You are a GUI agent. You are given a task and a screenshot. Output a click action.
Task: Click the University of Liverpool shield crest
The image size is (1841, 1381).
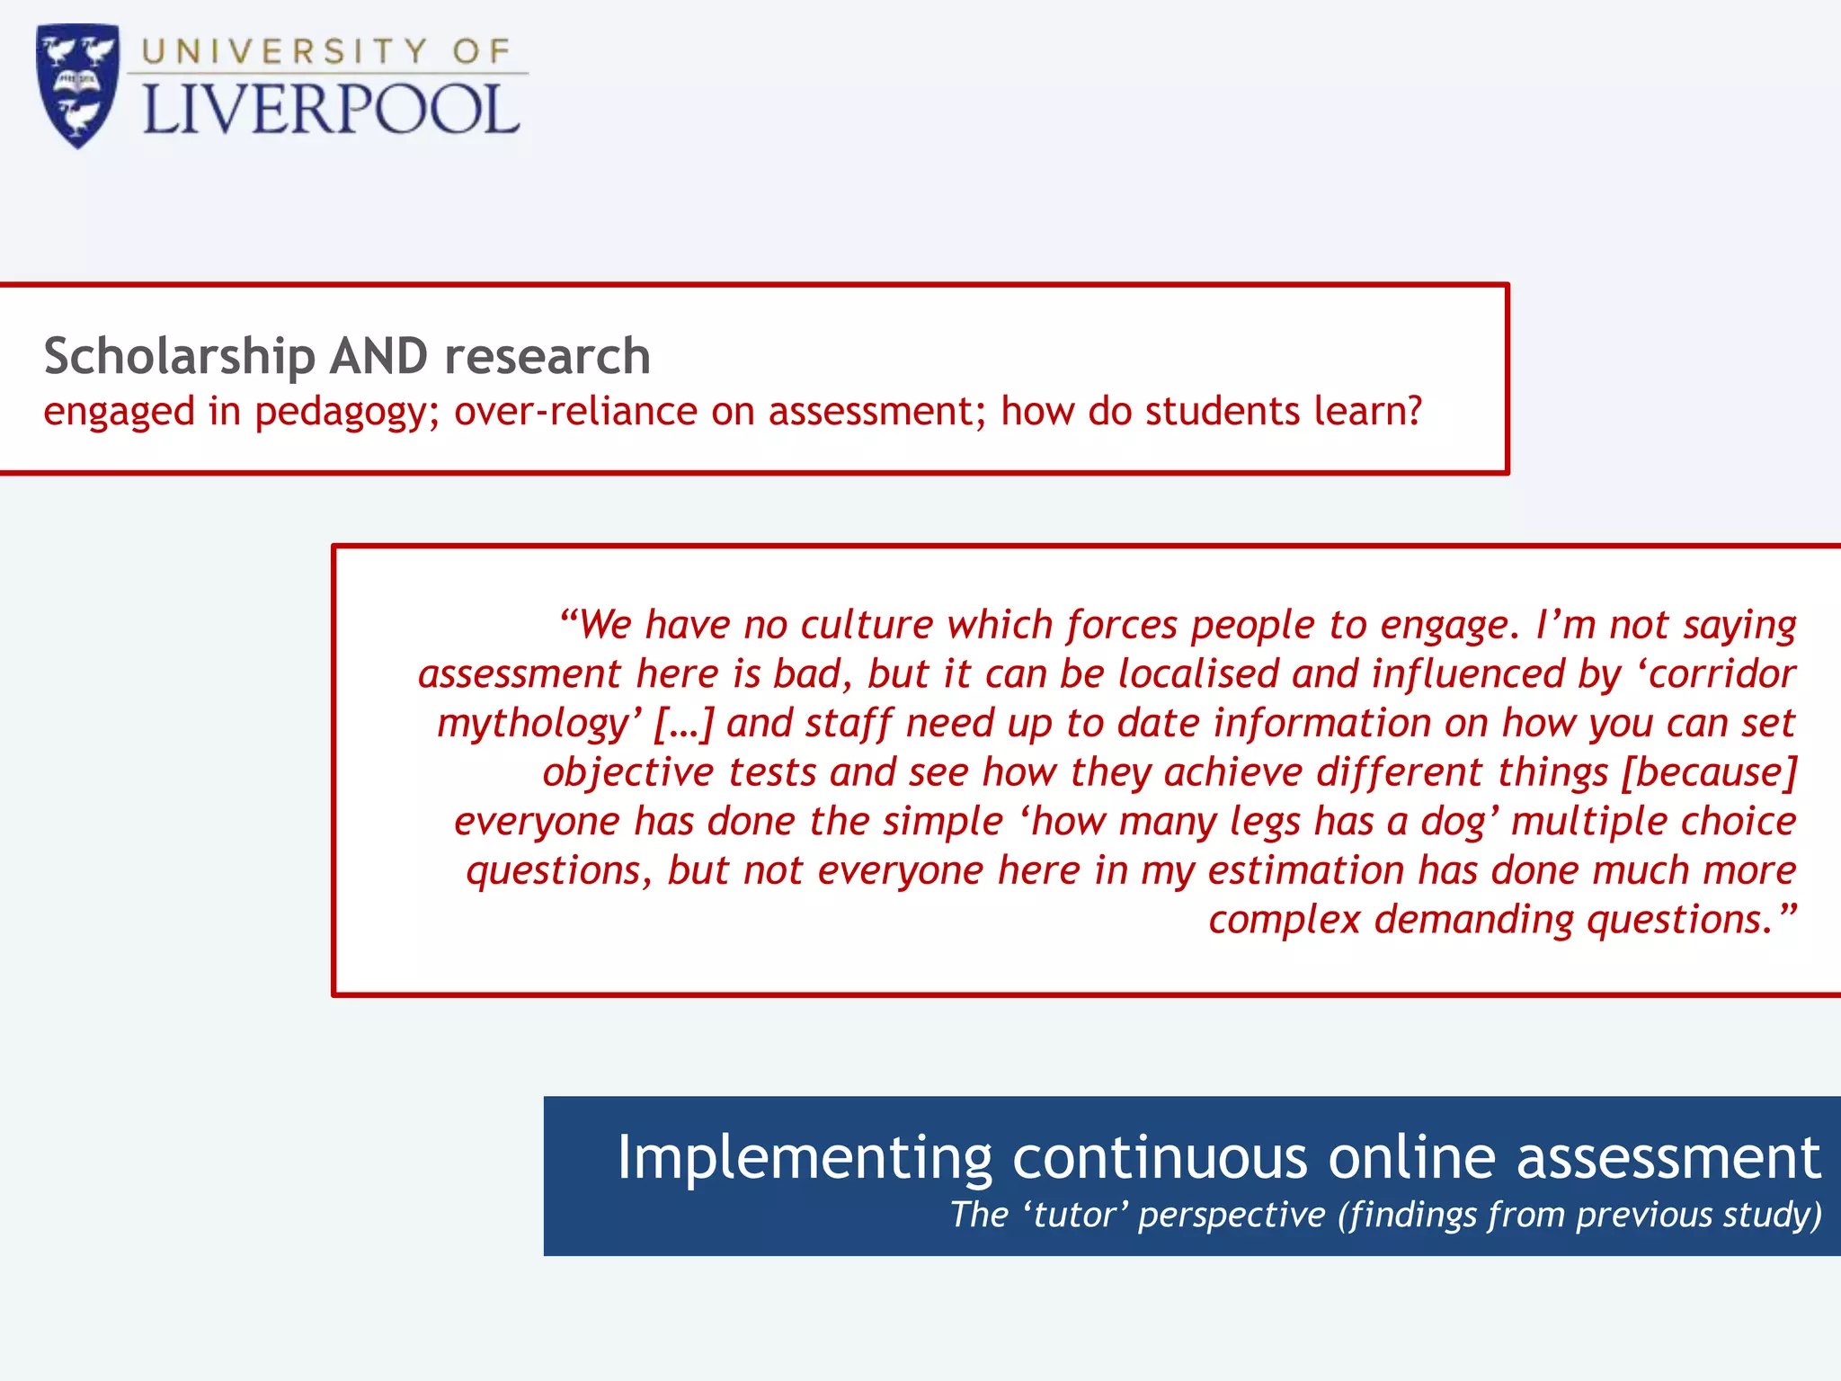(78, 86)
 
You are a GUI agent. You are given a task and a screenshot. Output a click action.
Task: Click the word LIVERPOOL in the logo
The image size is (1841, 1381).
(331, 111)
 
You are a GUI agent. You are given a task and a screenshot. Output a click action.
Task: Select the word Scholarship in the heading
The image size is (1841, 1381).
(179, 356)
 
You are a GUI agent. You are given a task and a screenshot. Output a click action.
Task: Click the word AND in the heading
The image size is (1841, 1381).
(378, 356)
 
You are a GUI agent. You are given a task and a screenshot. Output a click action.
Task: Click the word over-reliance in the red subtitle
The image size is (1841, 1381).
(576, 411)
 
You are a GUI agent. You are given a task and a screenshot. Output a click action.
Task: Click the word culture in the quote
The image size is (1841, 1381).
(867, 624)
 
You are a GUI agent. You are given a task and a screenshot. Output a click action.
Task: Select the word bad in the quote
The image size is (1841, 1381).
(813, 673)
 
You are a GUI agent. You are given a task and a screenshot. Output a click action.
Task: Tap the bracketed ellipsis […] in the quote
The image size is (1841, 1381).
(683, 724)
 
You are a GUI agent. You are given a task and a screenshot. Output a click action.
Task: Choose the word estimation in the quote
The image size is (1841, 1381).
(1305, 870)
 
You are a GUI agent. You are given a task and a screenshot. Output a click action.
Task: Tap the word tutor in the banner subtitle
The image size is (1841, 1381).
(1075, 1215)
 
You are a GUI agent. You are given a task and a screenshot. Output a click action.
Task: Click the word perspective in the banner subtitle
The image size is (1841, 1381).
(1232, 1215)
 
